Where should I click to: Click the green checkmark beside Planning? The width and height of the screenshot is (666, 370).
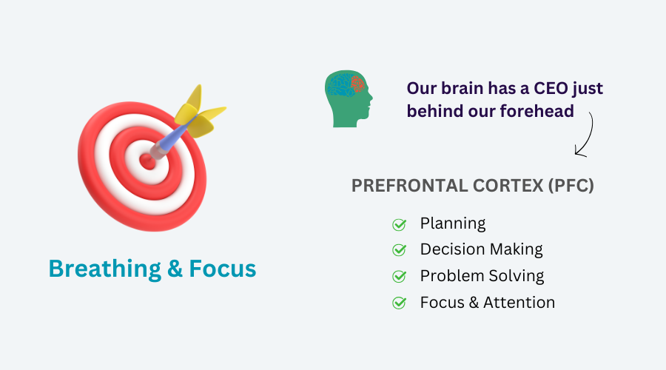399,224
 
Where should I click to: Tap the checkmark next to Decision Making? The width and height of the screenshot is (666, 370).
399,250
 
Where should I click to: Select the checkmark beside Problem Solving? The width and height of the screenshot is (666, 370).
399,277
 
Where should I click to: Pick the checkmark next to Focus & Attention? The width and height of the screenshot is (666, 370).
399,303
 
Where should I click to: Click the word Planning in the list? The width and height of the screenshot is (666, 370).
453,224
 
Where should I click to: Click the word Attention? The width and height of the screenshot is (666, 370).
519,303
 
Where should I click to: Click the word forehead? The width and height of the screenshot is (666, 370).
537,111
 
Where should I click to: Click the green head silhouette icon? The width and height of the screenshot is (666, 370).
349,99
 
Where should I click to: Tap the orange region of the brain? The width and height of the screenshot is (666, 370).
357,84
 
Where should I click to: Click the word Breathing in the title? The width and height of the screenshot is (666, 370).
105,269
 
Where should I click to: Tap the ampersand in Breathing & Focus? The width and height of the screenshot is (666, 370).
175,269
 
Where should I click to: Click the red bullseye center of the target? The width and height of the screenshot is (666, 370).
147,161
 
